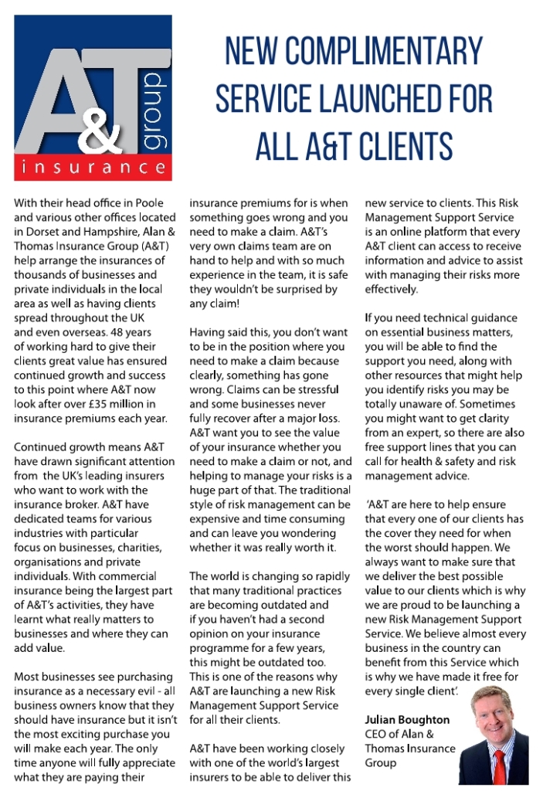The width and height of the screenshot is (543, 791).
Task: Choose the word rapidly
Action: [x=325, y=576]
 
